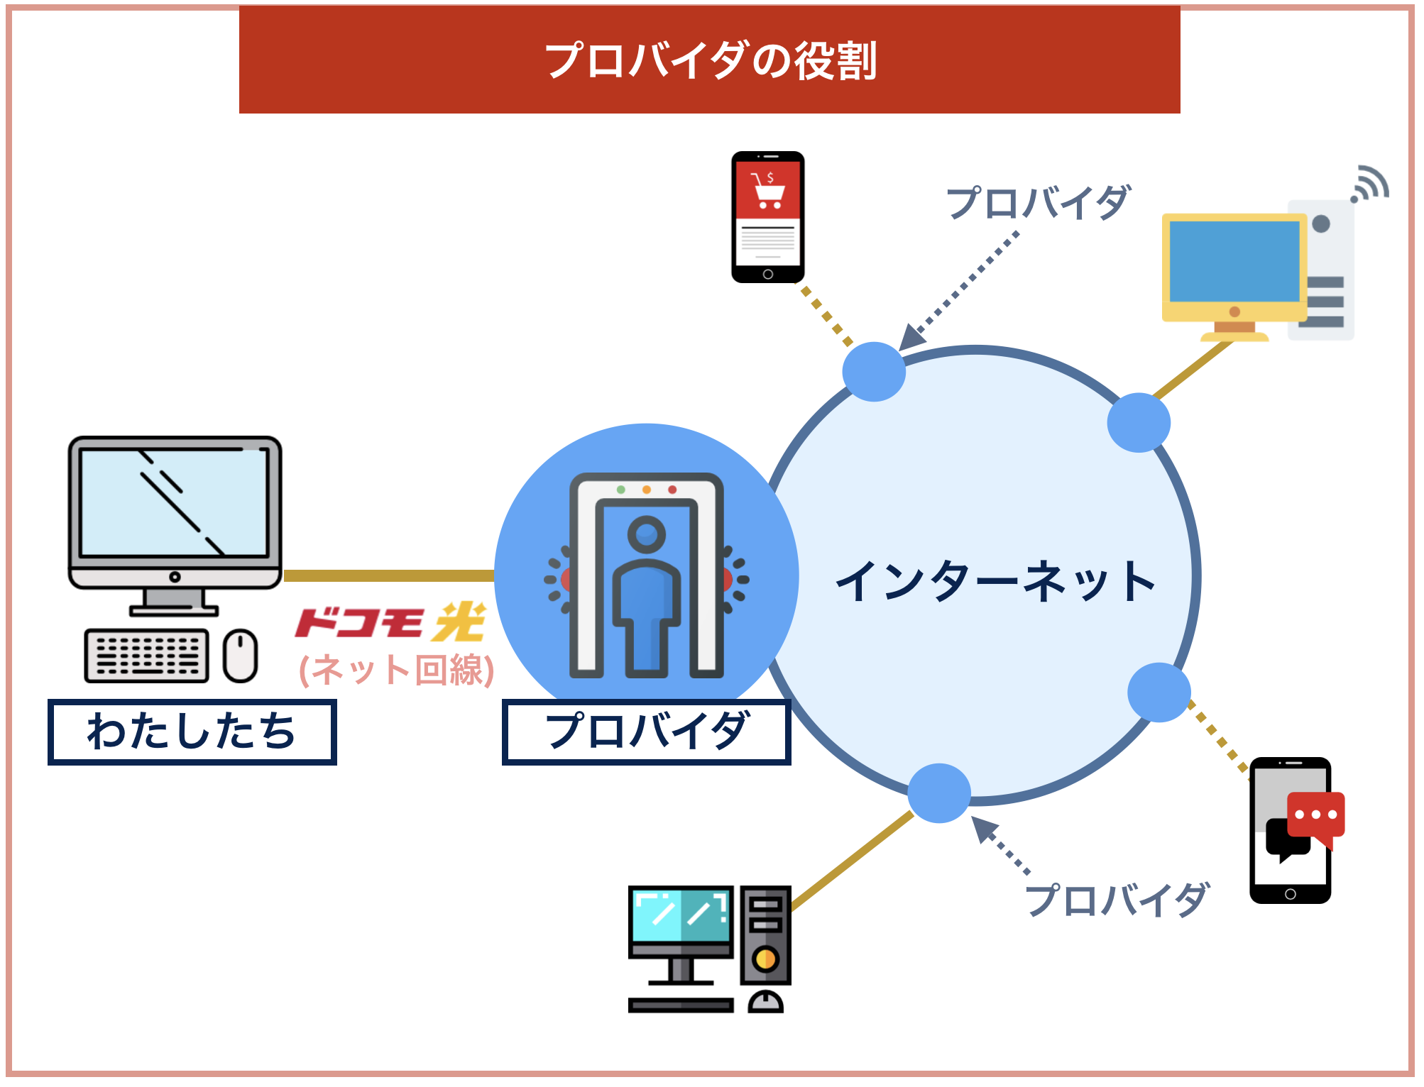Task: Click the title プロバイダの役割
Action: click(710, 61)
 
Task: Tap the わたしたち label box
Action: click(192, 732)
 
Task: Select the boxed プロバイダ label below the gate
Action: click(646, 732)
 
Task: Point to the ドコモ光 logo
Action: click(390, 623)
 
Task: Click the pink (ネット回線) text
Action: click(396, 670)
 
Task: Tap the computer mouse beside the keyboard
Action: click(240, 656)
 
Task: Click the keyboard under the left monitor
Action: click(147, 656)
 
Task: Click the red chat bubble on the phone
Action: click(1315, 816)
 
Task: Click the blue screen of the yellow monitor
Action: click(1234, 261)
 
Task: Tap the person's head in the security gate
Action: click(646, 534)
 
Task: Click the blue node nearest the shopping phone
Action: click(874, 372)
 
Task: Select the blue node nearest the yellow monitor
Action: click(1139, 423)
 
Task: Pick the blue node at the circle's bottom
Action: click(939, 793)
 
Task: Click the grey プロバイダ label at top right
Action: click(1038, 203)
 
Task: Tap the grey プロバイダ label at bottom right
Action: click(1116, 900)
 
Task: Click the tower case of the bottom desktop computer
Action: click(765, 935)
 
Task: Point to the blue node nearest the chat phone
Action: click(1159, 693)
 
